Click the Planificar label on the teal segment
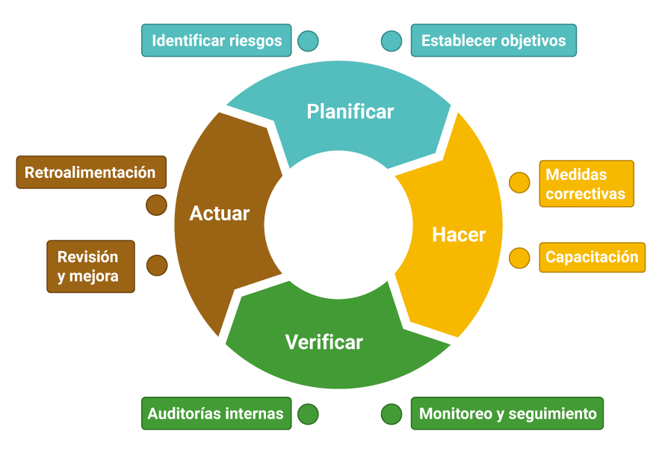coord(350,112)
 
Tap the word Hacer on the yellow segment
coord(459,235)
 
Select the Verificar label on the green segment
coord(324,342)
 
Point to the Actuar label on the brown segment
coord(219,214)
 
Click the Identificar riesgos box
coord(217,40)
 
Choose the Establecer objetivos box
coord(493,40)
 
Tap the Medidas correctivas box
coord(586,184)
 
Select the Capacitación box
coord(592,257)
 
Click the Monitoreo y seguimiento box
coord(507,413)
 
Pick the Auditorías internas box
coord(216,413)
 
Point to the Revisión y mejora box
coord(90,266)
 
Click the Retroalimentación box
coord(90,173)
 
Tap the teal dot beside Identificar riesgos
coord(308,40)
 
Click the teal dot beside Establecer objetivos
coord(392,40)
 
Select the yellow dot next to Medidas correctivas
coord(519,183)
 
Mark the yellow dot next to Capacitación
coord(519,258)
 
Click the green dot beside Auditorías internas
coord(308,414)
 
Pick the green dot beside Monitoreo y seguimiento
coord(392,414)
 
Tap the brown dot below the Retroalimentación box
coord(156,205)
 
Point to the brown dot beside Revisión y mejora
coord(157,265)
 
